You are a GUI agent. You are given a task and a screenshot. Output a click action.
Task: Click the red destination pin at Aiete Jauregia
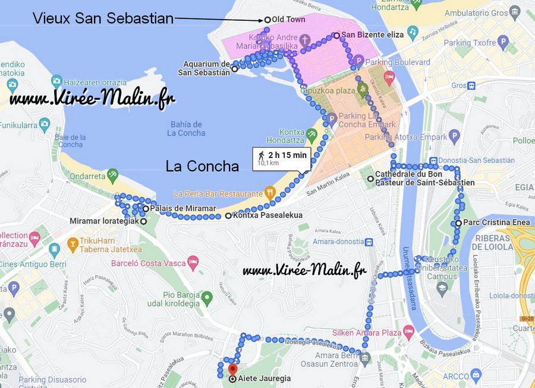tap(232, 362)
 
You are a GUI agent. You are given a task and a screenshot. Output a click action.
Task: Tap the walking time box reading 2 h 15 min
tap(282, 158)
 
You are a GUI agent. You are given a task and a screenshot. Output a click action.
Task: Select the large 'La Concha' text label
tap(202, 166)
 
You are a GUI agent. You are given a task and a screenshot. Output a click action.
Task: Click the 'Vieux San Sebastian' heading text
tap(103, 18)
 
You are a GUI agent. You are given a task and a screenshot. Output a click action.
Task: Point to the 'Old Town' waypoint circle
tap(267, 20)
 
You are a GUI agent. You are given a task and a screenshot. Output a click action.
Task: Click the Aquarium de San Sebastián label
tap(206, 68)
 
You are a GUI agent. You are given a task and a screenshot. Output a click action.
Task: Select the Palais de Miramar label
tap(183, 209)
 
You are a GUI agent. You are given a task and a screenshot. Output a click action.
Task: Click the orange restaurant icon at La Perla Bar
tap(270, 193)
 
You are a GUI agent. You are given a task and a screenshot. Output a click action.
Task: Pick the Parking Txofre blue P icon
tap(503, 42)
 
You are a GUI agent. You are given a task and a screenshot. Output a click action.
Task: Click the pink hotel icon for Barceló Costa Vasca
tap(193, 262)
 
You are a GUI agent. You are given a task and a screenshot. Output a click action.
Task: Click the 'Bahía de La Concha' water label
tap(186, 128)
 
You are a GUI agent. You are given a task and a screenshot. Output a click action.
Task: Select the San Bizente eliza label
tap(372, 35)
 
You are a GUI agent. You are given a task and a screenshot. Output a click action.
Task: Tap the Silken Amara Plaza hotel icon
tap(408, 331)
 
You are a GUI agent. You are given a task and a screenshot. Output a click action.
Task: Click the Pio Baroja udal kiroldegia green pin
tap(206, 296)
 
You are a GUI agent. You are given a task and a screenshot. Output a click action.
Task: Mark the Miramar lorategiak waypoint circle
tap(143, 221)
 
